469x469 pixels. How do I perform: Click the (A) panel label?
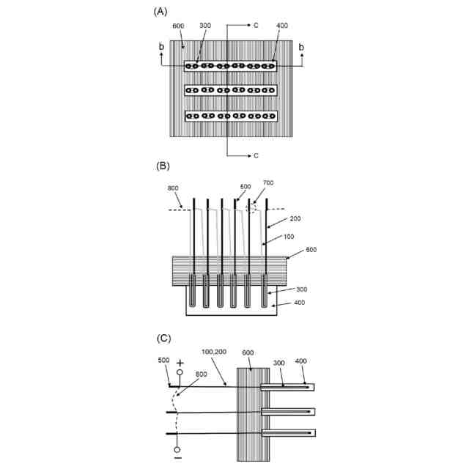(x=161, y=11)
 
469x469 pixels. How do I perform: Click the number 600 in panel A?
(x=178, y=26)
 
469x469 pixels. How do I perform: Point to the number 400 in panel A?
(x=281, y=26)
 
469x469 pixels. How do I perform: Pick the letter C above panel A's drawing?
(x=256, y=25)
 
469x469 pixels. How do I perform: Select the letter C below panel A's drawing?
(x=256, y=155)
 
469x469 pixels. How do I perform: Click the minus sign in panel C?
(x=178, y=458)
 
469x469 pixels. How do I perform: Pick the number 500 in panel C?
(x=163, y=360)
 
